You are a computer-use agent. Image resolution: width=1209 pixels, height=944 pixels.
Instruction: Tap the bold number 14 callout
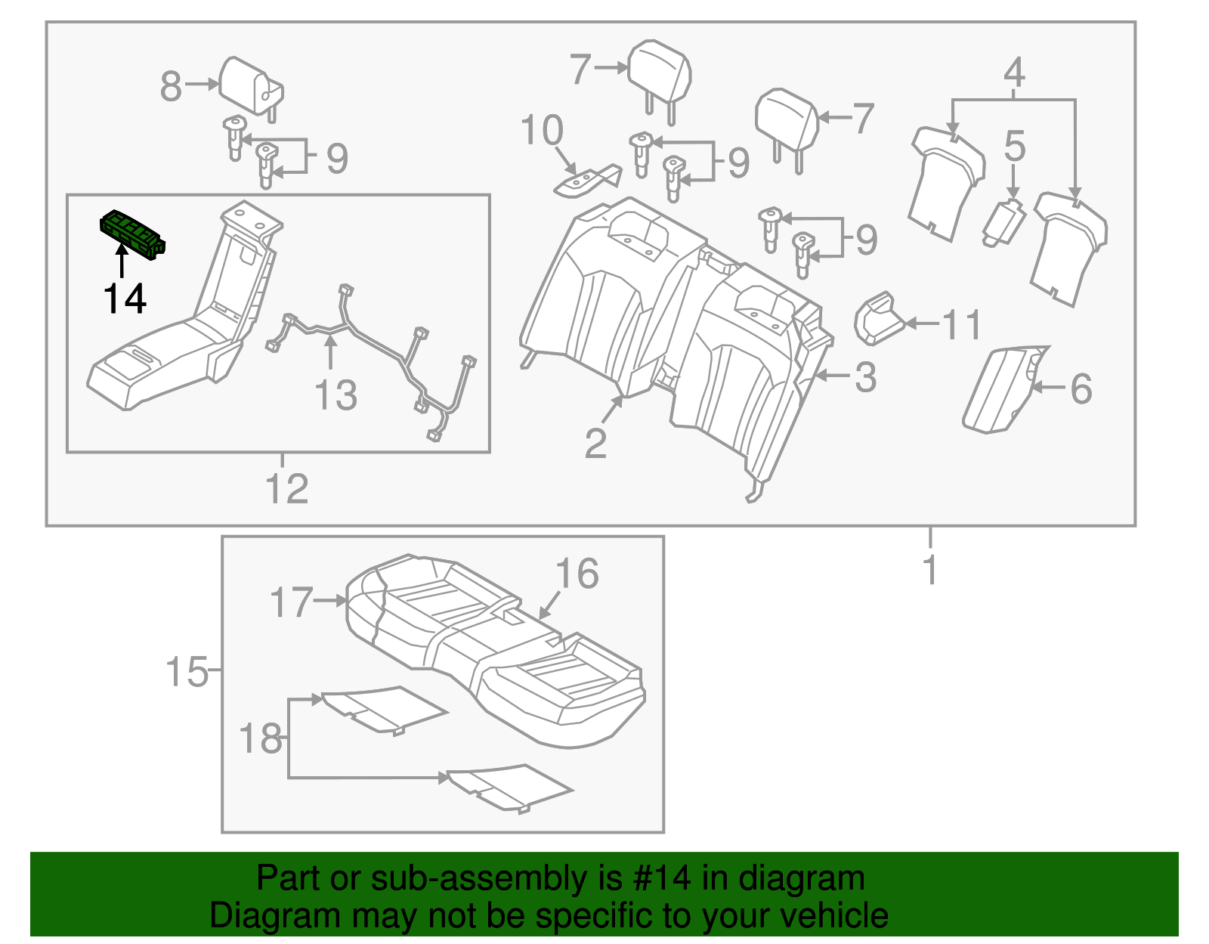click(x=125, y=299)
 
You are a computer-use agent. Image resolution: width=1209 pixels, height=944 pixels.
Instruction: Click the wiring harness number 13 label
click(x=335, y=395)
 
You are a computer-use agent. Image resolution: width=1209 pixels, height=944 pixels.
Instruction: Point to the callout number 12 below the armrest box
click(x=287, y=489)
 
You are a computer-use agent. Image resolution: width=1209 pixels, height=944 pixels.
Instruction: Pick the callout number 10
click(x=542, y=131)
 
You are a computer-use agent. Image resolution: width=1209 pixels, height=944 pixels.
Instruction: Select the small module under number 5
click(x=1004, y=223)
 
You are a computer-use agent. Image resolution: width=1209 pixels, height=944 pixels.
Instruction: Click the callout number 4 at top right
click(x=1014, y=73)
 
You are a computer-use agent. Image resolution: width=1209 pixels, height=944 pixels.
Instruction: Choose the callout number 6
click(x=1081, y=389)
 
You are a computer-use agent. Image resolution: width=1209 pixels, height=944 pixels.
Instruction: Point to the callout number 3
click(x=865, y=377)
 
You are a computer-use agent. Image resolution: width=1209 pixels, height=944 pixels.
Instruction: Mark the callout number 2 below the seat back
click(x=595, y=444)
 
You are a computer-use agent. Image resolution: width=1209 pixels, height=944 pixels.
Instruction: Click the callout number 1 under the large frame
click(x=930, y=570)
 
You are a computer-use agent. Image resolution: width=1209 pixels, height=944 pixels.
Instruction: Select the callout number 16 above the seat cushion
click(x=577, y=574)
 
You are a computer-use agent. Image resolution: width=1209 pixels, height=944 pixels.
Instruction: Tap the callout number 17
click(x=291, y=603)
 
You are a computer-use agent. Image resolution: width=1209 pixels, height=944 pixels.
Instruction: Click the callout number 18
click(x=261, y=739)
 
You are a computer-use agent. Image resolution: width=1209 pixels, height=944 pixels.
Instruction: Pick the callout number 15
click(x=187, y=672)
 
